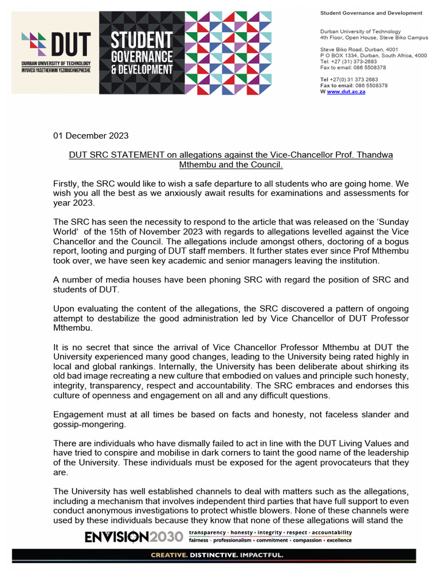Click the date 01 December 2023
91,136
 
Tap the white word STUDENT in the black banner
141,41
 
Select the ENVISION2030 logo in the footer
134,537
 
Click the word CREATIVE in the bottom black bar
169,555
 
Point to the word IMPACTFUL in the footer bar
260,555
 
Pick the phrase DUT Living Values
341,443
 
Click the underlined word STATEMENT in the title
136,155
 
